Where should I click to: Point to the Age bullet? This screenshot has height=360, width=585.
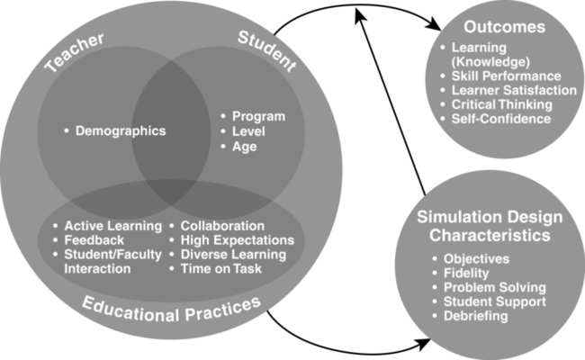[246, 145]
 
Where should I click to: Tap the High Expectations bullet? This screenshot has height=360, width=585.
[237, 240]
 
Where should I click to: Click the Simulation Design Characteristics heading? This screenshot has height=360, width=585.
[491, 227]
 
